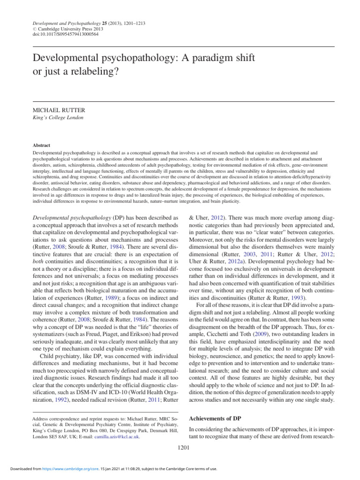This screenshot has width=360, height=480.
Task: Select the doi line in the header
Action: [x=66, y=34]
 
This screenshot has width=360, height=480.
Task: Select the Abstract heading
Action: [x=42, y=146]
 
